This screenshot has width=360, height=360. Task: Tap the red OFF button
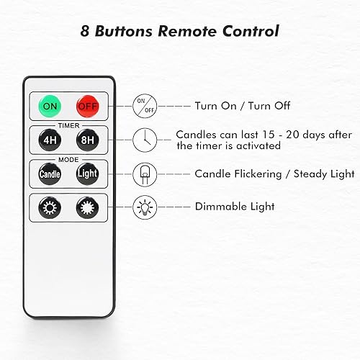pyautogui.click(x=86, y=106)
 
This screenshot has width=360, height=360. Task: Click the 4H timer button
pyautogui.click(x=50, y=140)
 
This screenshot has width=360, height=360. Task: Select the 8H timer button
pyautogui.click(x=86, y=140)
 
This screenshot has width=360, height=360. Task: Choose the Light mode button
pyautogui.click(x=86, y=174)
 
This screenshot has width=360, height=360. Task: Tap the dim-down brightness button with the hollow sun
pyautogui.click(x=50, y=207)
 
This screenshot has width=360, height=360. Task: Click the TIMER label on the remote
pyautogui.click(x=68, y=125)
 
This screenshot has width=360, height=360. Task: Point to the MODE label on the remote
pyautogui.click(x=68, y=158)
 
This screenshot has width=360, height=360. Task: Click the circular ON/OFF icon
pyautogui.click(x=145, y=105)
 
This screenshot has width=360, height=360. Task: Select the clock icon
pyautogui.click(x=145, y=140)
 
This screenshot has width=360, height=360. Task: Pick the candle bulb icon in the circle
pyautogui.click(x=145, y=174)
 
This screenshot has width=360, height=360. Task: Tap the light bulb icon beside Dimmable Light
pyautogui.click(x=145, y=207)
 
